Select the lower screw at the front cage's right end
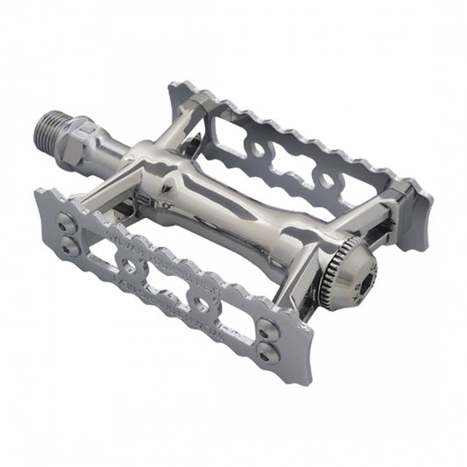point(267,348)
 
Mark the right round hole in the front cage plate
point(201,303)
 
